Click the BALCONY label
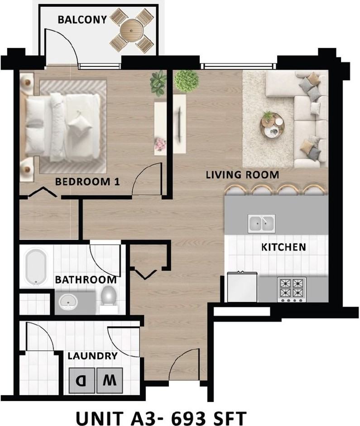coord(82,20)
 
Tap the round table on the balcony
coord(131,30)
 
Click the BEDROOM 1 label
coord(87,182)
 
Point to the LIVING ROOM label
coord(242,175)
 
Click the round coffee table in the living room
coord(272,124)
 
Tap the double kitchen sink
coord(261,223)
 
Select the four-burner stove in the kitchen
coord(292,289)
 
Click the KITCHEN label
coord(283,247)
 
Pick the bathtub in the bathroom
coord(36,268)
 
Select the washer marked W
coord(110,380)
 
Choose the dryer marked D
coord(82,380)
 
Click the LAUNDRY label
coord(92,356)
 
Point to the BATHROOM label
coord(86,280)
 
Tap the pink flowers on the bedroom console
coord(160,144)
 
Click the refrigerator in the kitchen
coord(242,287)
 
